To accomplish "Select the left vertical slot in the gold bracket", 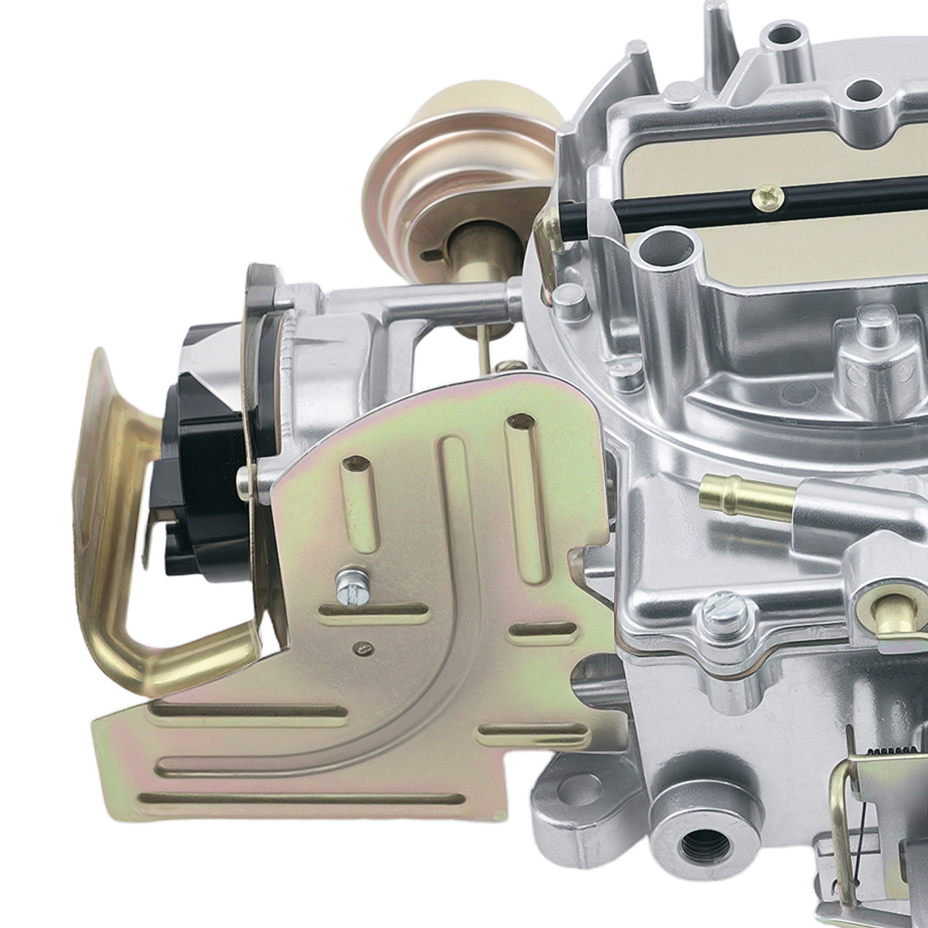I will [x=355, y=510].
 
